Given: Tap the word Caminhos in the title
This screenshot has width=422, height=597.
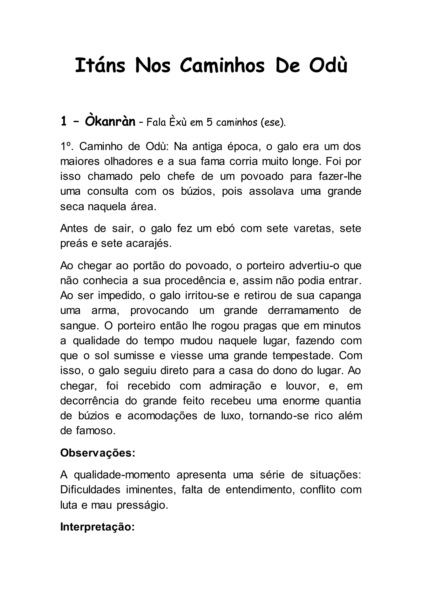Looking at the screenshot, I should pos(222,66).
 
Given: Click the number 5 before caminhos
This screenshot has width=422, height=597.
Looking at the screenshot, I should pos(209,122).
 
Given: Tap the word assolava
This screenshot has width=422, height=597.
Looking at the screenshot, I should pos(271,191).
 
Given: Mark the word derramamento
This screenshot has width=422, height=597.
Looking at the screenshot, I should pos(303,310).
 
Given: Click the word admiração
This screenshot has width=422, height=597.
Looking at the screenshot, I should pos(235,386).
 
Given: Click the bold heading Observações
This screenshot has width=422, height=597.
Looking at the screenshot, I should pos(98,453).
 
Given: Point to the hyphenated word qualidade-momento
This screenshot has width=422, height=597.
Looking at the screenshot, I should pos(122,475).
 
